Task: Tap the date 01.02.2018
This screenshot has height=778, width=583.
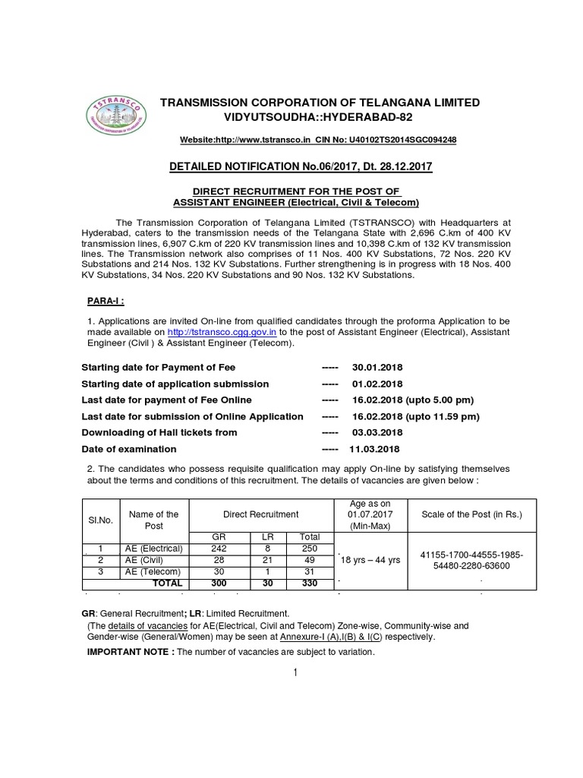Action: [x=377, y=384]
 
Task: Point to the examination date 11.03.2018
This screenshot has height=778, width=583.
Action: [x=374, y=448]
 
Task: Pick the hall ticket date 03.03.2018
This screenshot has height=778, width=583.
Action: [x=377, y=432]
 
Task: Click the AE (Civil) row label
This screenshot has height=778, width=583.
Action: [x=154, y=560]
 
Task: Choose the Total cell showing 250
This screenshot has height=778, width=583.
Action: [x=309, y=549]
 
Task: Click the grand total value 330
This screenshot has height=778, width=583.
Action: [x=309, y=583]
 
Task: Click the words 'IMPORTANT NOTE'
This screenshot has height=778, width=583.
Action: [x=130, y=653]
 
